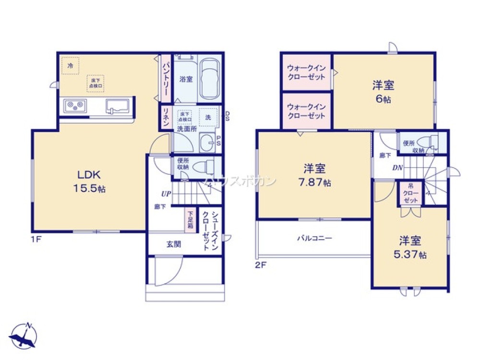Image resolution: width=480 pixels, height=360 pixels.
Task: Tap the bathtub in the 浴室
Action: [209, 79]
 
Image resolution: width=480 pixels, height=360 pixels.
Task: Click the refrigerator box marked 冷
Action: [70, 65]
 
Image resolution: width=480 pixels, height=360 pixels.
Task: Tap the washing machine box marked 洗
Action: [208, 117]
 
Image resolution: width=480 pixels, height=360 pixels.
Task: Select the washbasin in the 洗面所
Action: [208, 142]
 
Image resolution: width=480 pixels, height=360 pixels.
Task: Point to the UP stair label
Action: [166, 193]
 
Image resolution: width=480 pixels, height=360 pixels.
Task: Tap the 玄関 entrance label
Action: [173, 244]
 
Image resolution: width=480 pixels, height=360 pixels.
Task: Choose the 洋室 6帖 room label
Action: [383, 91]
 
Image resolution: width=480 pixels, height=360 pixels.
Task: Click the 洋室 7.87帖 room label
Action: [314, 175]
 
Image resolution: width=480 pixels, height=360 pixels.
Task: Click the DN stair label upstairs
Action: [396, 168]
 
